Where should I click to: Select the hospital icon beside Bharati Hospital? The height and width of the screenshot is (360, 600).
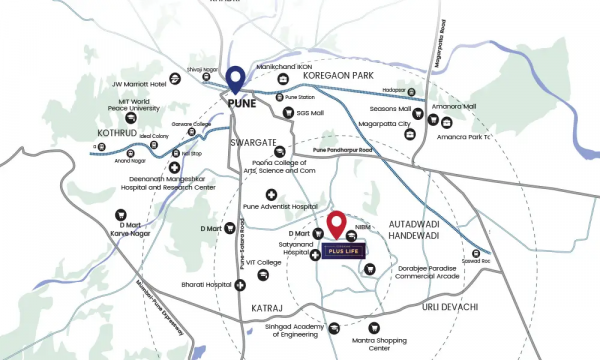pos(241,285)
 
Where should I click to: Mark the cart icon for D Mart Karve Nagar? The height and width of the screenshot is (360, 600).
pos(119,213)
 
